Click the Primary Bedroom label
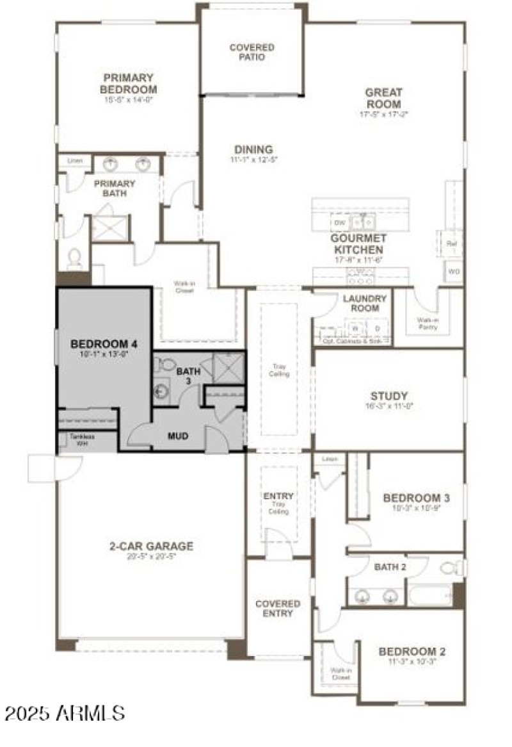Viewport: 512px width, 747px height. pos(128,84)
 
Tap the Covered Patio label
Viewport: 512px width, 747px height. pos(252,52)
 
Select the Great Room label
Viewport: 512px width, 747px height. pos(383,98)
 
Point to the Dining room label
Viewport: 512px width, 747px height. pos(254,150)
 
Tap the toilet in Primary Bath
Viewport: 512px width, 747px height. pos(75,258)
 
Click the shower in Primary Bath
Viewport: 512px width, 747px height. pos(110,228)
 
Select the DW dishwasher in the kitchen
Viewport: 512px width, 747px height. pos(339,222)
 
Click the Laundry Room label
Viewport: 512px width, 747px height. pos(364,303)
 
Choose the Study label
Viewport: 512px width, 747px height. pos(388,396)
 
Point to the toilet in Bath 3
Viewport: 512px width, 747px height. pos(165,364)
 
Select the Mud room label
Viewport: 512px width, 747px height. pos(177,436)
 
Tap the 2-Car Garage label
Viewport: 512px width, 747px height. pos(150,546)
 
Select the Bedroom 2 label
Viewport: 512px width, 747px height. pos(412,652)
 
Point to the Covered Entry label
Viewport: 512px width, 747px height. pos(277,608)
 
